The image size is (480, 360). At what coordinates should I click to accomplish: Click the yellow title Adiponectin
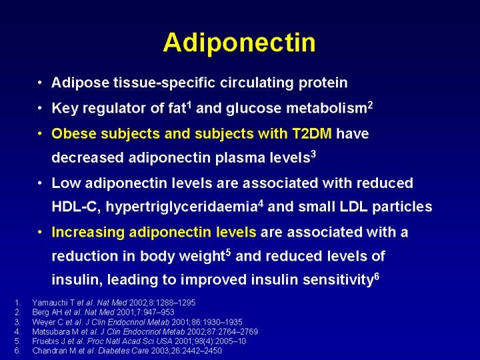(x=239, y=43)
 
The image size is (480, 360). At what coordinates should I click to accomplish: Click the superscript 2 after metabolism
(x=370, y=105)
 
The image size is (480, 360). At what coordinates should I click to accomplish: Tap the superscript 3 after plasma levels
(x=313, y=155)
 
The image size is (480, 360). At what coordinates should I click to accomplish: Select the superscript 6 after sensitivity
(x=377, y=277)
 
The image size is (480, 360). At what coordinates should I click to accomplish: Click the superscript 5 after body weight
(x=228, y=253)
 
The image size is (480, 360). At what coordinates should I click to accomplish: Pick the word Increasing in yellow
(x=88, y=233)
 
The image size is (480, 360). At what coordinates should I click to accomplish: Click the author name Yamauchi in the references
(x=50, y=303)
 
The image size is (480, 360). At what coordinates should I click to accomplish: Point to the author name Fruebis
(x=41, y=341)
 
